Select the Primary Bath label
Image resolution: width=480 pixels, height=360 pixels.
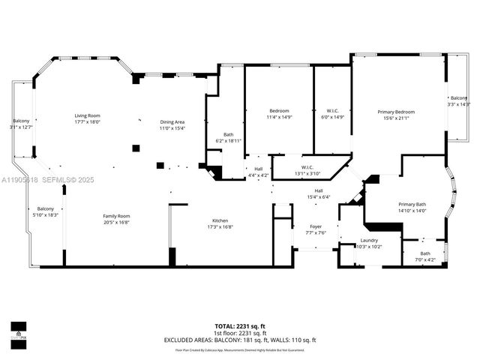tap(412, 207)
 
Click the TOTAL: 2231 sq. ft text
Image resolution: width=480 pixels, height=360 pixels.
tap(240, 326)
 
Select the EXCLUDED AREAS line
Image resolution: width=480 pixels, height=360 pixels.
tap(240, 340)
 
